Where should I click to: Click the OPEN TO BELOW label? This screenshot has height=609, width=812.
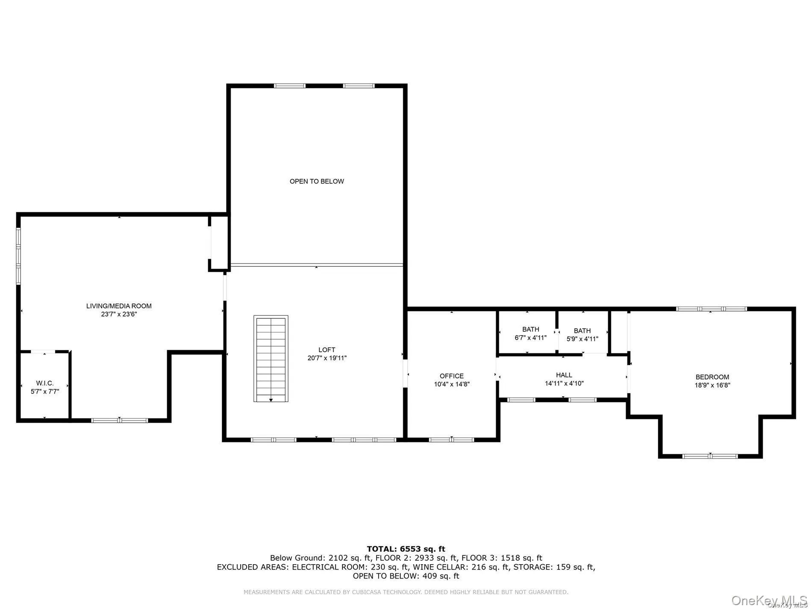pos(317,181)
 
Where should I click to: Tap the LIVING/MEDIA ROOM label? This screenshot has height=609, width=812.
pos(119,306)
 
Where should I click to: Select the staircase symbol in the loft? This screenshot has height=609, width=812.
pos(271,359)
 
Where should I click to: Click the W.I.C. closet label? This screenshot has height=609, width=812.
pos(45,383)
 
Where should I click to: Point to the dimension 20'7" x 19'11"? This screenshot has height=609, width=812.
pos(327,358)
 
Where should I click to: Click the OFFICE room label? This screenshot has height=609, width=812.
pos(451,376)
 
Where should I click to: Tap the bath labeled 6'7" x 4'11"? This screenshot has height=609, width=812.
pos(530,333)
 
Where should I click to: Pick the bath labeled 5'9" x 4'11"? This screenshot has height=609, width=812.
pos(582,335)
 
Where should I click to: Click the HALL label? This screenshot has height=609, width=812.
pos(564,375)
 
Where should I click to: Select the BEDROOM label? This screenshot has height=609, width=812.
pos(712,377)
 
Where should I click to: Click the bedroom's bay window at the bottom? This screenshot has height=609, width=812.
pos(710,456)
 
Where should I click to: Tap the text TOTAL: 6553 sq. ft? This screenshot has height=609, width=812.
pos(406,549)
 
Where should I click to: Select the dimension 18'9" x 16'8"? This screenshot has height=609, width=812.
pos(712,385)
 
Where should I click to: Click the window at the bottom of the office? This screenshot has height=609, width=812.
pos(451,439)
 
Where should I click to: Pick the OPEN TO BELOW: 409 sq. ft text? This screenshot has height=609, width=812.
pos(406,576)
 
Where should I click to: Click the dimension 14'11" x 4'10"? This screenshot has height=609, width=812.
pos(564,383)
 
